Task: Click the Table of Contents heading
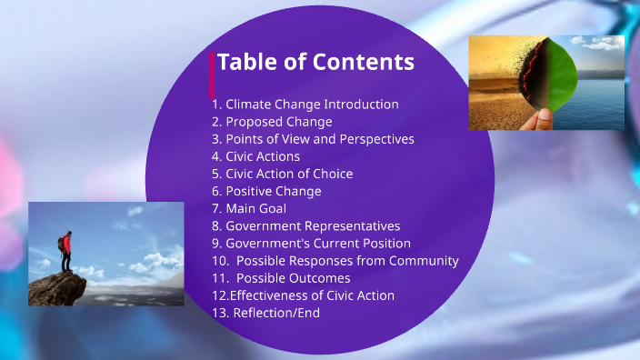pyautogui.click(x=315, y=62)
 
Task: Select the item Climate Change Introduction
pyautogui.click(x=305, y=105)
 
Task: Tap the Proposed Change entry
pyautogui.click(x=272, y=122)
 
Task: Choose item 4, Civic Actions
pyautogui.click(x=255, y=156)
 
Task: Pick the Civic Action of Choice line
pyautogui.click(x=282, y=174)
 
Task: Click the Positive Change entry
pyautogui.click(x=266, y=191)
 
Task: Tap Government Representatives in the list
pyautogui.click(x=305, y=225)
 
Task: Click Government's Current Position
pyautogui.click(x=311, y=243)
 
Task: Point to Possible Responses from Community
pyautogui.click(x=335, y=261)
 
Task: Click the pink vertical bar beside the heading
pyautogui.click(x=213, y=75)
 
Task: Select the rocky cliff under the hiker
pyautogui.click(x=57, y=289)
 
